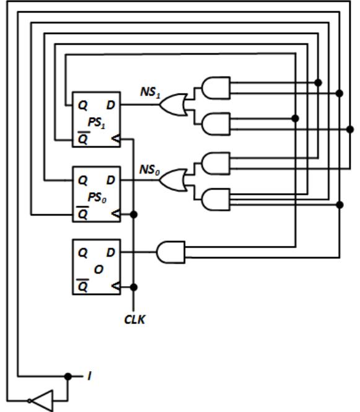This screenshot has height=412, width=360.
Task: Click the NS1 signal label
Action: [x=151, y=92]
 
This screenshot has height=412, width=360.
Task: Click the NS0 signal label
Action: [x=149, y=170]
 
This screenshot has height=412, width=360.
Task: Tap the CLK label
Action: [x=134, y=320]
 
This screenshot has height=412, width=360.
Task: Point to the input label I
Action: [x=90, y=376]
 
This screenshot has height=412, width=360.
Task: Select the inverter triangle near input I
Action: [x=41, y=401]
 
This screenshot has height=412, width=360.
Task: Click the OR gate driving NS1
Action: [x=173, y=105]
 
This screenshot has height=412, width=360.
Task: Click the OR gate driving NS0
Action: [x=173, y=180]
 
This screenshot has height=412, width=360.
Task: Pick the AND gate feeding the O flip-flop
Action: [x=171, y=252]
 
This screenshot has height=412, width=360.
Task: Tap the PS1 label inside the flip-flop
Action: [x=97, y=123]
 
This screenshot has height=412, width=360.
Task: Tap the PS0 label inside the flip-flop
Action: [x=97, y=198]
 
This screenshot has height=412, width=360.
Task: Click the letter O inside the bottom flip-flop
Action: [x=99, y=270]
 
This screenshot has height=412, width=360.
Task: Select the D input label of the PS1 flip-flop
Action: [x=111, y=105]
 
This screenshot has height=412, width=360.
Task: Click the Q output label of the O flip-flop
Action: [x=83, y=253]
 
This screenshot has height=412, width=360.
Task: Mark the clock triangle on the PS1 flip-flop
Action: [x=116, y=139]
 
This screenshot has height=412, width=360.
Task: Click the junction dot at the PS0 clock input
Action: [x=134, y=214]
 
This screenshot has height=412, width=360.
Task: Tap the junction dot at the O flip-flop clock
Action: [x=134, y=287]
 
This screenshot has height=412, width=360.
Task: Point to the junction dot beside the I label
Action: [x=68, y=376]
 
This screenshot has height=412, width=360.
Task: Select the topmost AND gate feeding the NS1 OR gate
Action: [x=216, y=88]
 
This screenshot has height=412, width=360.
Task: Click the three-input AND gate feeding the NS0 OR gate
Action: [x=216, y=199]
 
